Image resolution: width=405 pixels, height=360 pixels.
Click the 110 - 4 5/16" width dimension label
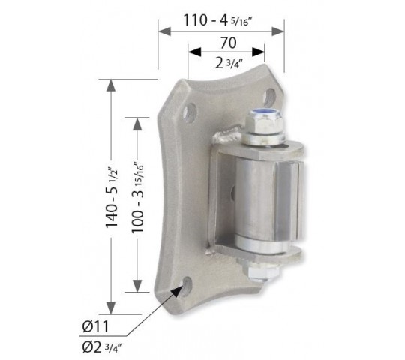(x=217, y=20)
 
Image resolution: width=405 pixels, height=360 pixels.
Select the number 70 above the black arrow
(x=228, y=43)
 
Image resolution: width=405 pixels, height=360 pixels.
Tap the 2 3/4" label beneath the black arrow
(x=229, y=64)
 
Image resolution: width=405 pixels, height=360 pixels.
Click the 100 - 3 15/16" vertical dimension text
(x=137, y=197)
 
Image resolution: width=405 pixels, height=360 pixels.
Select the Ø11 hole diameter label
(x=95, y=327)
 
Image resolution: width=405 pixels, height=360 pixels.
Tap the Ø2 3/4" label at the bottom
(x=102, y=347)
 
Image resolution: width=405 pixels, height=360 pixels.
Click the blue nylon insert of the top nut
(x=265, y=112)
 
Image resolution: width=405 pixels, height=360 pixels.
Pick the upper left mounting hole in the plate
(x=190, y=112)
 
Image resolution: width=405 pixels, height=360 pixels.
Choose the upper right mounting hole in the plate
(x=269, y=98)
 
